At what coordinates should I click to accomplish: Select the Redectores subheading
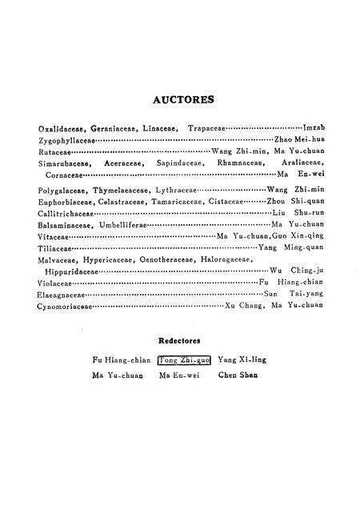click(x=181, y=340)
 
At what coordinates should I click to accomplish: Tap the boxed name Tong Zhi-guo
click(x=185, y=360)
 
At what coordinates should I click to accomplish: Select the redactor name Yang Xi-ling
click(x=242, y=360)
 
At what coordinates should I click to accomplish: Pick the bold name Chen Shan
click(x=238, y=375)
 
